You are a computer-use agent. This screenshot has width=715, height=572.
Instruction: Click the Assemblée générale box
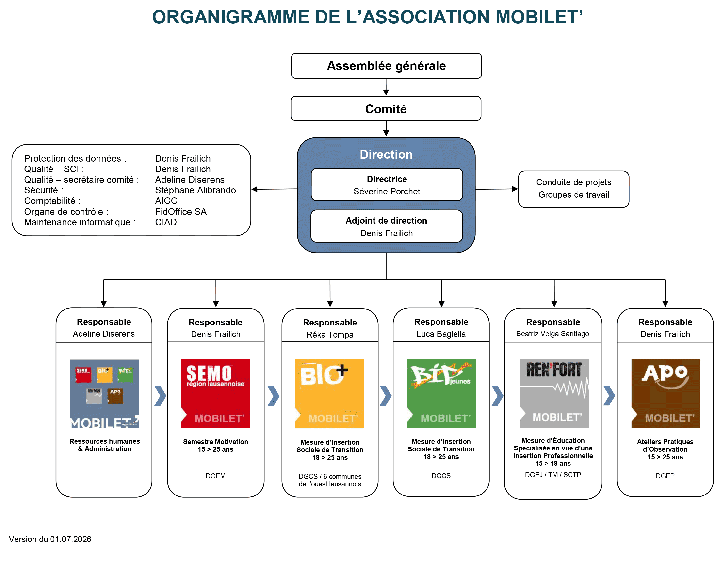point(386,66)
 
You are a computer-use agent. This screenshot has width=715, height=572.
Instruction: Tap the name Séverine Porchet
point(387,192)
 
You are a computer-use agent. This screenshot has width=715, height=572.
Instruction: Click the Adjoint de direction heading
point(386,221)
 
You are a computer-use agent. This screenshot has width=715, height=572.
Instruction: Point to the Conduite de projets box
point(574,189)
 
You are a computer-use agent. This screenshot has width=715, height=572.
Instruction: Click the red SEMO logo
point(216,394)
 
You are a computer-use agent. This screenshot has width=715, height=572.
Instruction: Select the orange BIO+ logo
point(329,394)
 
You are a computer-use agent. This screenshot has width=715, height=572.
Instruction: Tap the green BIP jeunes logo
point(441,394)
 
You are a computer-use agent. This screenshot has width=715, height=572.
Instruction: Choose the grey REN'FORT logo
point(554,393)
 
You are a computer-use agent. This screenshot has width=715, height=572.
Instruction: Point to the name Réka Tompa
point(330,335)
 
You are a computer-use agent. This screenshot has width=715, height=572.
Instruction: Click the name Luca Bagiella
point(441,334)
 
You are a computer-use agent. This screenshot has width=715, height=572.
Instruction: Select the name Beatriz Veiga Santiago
point(553,334)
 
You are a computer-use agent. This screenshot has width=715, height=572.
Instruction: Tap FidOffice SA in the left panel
point(181,212)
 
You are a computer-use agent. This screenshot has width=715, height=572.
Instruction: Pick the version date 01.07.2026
point(71,539)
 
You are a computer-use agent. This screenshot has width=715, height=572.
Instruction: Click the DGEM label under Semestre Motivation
point(216,476)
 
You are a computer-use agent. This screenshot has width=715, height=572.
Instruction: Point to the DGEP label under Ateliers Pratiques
point(665,476)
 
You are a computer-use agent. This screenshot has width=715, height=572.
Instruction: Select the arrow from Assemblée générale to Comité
point(386,87)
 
